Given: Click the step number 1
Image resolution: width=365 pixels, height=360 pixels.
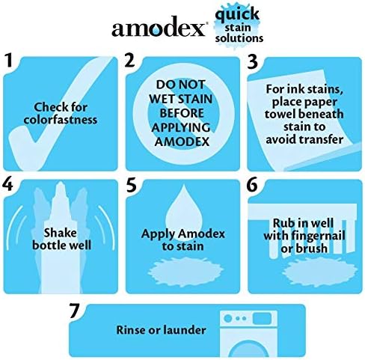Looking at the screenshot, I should tap(10, 62).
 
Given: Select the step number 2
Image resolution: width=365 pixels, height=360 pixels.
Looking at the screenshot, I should tap(132, 62).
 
